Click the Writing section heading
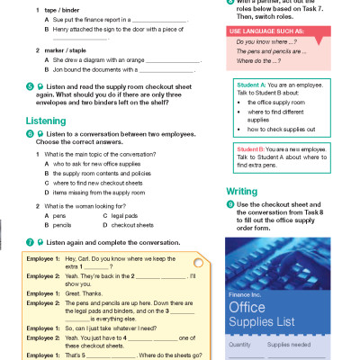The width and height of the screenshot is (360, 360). [x=240, y=191]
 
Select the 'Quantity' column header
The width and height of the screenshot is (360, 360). [x=241, y=346]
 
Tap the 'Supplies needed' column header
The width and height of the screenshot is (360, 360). [x=292, y=346]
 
